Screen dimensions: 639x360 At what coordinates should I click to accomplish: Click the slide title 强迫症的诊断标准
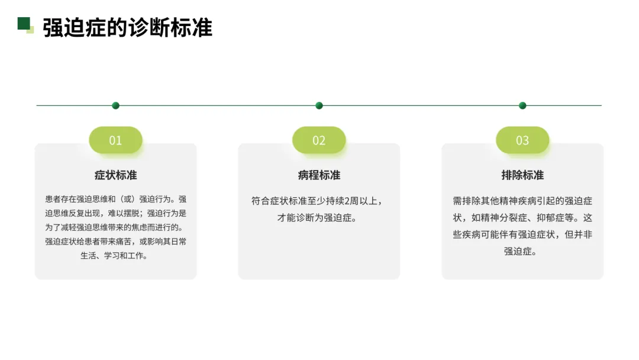point(127,28)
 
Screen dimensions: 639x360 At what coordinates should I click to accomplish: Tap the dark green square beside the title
point(24,23)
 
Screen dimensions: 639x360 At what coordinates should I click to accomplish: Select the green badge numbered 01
point(115,140)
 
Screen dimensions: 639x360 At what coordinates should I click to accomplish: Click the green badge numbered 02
point(319,140)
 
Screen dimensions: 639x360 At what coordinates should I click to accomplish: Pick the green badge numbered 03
point(522,140)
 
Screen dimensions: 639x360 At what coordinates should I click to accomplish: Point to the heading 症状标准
point(115,175)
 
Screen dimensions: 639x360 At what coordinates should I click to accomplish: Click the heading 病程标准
point(319,175)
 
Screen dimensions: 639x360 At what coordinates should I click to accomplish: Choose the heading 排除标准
point(522,175)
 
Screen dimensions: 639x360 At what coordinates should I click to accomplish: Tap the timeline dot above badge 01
point(115,105)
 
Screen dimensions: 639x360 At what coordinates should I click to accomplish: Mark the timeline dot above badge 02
point(319,105)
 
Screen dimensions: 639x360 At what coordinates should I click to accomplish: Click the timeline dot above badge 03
point(522,105)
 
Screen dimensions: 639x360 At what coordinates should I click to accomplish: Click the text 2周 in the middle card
point(351,201)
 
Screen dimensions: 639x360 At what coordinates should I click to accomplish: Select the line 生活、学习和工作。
point(115,256)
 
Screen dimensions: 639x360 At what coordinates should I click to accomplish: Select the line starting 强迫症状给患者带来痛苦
point(115,242)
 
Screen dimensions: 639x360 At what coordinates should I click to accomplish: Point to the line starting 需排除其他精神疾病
point(522,201)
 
